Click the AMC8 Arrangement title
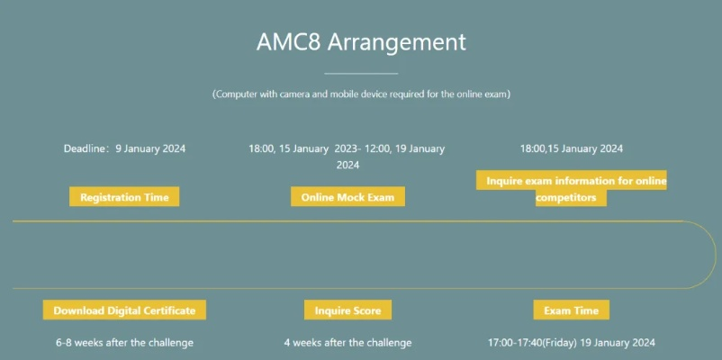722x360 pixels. pyautogui.click(x=361, y=42)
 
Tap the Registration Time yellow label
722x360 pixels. pyautogui.click(x=124, y=197)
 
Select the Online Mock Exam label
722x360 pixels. pyautogui.click(x=347, y=197)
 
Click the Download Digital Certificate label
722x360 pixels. pyautogui.click(x=124, y=310)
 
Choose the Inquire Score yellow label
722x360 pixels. pyautogui.click(x=347, y=310)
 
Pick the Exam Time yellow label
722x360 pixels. pyautogui.click(x=571, y=310)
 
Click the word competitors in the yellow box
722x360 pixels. pyautogui.click(x=571, y=198)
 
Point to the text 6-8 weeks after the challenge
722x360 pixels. pyautogui.click(x=124, y=343)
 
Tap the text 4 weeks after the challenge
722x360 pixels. pyautogui.click(x=347, y=343)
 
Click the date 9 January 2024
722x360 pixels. pyautogui.click(x=150, y=148)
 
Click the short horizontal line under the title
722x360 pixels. pyautogui.click(x=361, y=73)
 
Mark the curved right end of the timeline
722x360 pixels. pyautogui.click(x=716, y=255)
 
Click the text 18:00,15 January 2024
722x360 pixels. pyautogui.click(x=571, y=148)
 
